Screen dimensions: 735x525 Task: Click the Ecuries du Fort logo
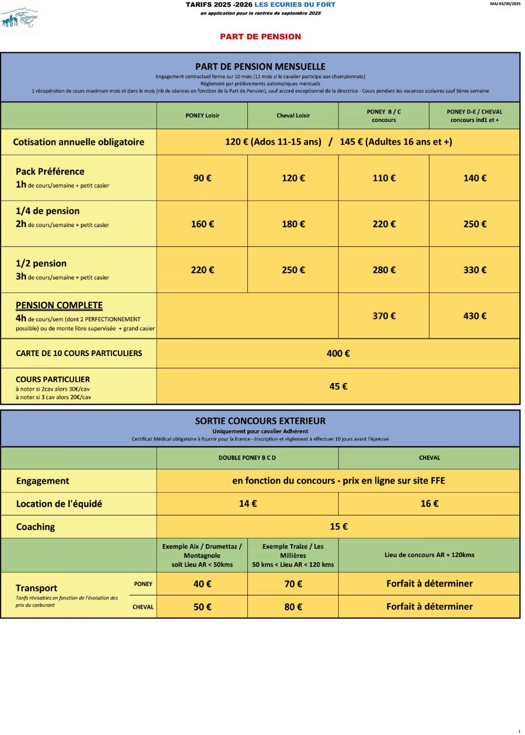[x=20, y=18]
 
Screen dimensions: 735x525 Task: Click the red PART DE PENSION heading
[x=260, y=37]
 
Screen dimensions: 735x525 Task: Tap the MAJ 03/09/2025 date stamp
[x=506, y=4]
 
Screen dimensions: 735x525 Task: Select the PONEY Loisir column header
[x=202, y=116]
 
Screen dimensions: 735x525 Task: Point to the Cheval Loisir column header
[x=293, y=116]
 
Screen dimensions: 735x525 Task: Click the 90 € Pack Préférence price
[x=202, y=178]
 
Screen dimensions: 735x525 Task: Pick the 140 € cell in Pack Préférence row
[x=474, y=178]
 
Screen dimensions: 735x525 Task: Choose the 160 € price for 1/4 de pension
[x=202, y=224]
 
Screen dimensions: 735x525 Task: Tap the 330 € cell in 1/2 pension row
[x=474, y=270]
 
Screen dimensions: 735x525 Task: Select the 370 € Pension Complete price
[x=384, y=316]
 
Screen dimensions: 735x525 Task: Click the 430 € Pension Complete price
[x=474, y=316]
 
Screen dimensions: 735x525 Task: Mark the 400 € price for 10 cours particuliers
[x=338, y=353]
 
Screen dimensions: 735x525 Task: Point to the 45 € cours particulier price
[x=338, y=386]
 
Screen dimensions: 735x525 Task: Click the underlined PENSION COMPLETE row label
[x=59, y=305]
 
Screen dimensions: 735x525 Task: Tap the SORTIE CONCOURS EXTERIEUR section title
[x=260, y=420]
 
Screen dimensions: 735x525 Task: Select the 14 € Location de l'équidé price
[x=247, y=503]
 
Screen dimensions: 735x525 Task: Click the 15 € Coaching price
[x=338, y=527]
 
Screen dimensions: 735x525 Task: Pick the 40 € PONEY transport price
[x=202, y=584]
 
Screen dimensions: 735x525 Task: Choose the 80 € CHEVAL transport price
[x=293, y=607]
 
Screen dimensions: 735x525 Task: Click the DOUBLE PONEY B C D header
[x=247, y=458]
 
